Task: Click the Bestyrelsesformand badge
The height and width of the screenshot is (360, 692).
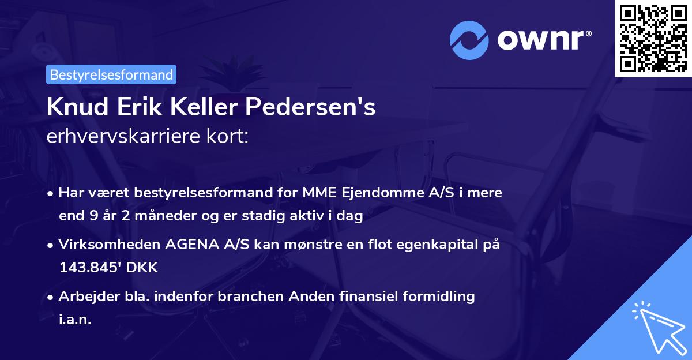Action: click(x=111, y=74)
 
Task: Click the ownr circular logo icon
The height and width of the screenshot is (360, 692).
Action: click(x=469, y=40)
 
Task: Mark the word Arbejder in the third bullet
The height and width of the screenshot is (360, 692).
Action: click(x=82, y=297)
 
